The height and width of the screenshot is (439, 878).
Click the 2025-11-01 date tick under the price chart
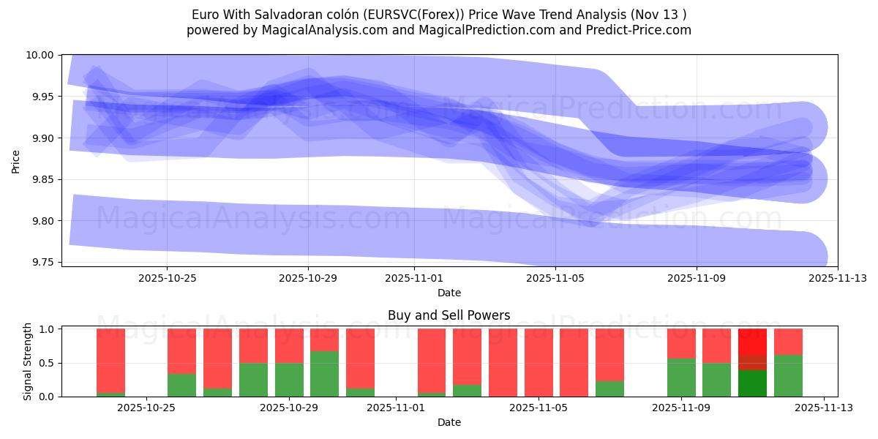click(414, 278)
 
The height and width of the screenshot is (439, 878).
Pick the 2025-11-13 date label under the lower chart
click(824, 408)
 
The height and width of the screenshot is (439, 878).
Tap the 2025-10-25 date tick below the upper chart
click(167, 278)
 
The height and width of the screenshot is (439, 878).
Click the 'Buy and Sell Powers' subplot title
click(449, 316)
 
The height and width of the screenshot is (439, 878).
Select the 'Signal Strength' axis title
click(28, 361)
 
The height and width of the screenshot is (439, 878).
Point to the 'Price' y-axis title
click(16, 161)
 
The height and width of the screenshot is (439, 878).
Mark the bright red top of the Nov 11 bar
click(752, 342)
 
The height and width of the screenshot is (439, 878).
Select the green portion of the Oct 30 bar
click(324, 374)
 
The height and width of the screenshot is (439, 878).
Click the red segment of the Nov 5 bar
click(539, 362)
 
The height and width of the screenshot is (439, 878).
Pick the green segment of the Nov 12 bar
click(788, 375)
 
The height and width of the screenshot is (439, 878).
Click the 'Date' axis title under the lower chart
click(449, 422)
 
